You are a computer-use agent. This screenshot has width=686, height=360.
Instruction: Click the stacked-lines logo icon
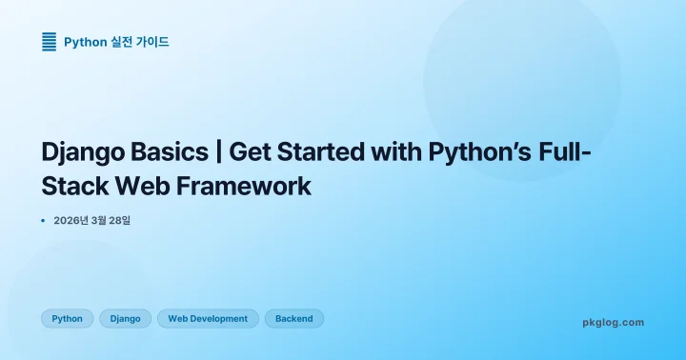tap(49, 41)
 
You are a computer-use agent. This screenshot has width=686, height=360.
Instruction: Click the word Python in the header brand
tap(85, 42)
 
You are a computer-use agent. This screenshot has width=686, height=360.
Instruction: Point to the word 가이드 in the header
tap(153, 42)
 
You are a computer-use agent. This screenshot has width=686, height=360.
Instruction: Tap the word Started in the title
tap(320, 151)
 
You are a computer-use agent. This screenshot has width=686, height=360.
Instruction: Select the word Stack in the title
tap(73, 185)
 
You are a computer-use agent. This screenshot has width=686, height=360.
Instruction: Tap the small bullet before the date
tap(43, 221)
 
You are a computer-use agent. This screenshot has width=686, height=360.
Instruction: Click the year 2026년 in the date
tap(71, 221)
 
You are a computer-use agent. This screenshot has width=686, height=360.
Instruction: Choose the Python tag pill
tap(67, 318)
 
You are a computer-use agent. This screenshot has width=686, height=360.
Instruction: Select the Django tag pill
tap(126, 318)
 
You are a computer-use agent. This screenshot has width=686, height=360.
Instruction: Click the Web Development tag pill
tap(208, 318)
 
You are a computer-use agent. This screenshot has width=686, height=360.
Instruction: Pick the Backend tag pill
tap(293, 318)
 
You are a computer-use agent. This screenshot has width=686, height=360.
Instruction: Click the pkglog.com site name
tap(613, 322)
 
